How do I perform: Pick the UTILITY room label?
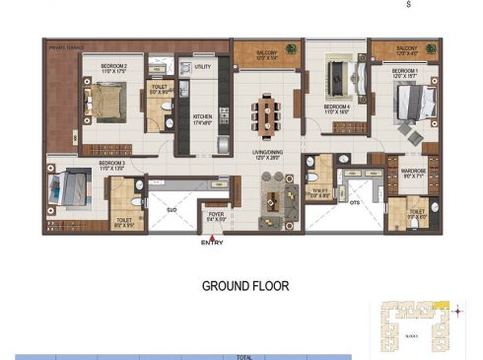click(x=203, y=68)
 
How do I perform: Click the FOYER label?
click(x=215, y=216)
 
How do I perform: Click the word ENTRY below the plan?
click(x=212, y=243)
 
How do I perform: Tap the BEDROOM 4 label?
click(x=338, y=106)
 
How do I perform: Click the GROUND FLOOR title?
click(x=245, y=286)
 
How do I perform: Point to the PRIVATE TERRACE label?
click(x=63, y=45)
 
